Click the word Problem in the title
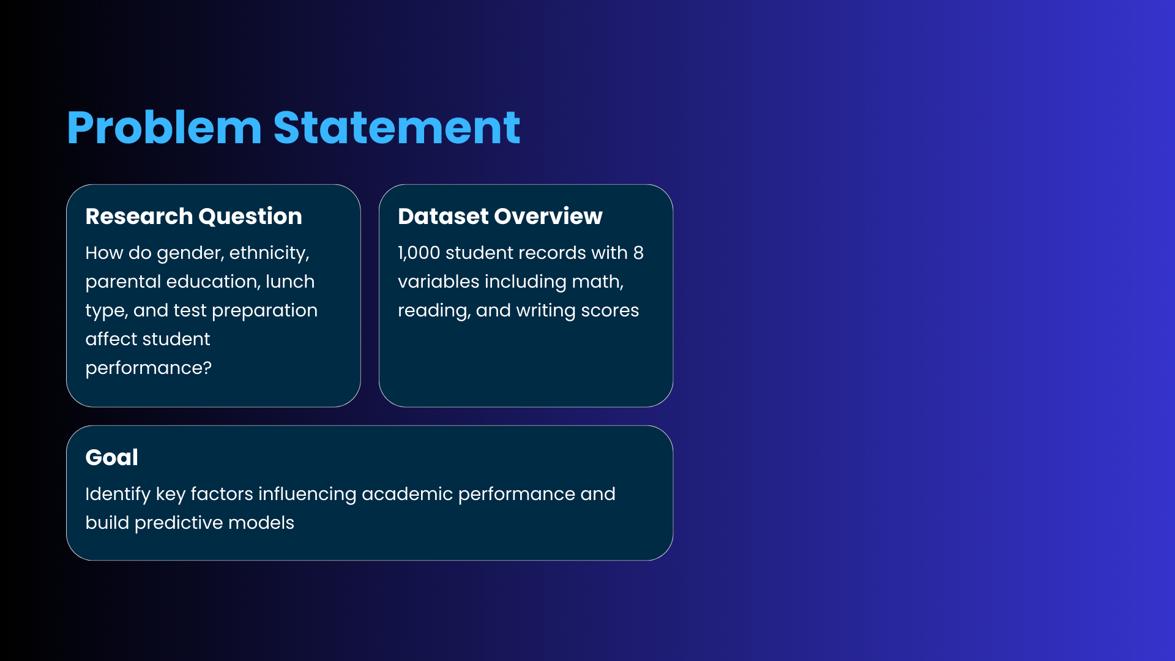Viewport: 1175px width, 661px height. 165,129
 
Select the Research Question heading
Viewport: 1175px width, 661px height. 193,217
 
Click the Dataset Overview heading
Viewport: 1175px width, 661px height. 500,216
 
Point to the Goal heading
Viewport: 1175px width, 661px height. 111,457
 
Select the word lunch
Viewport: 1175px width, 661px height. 290,282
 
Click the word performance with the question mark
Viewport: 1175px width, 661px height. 148,368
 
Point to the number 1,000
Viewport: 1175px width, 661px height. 419,253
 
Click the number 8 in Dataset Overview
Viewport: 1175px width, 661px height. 638,253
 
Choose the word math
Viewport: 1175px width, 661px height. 597,282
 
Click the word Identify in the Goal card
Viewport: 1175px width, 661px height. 117,495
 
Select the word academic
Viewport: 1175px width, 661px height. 407,494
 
